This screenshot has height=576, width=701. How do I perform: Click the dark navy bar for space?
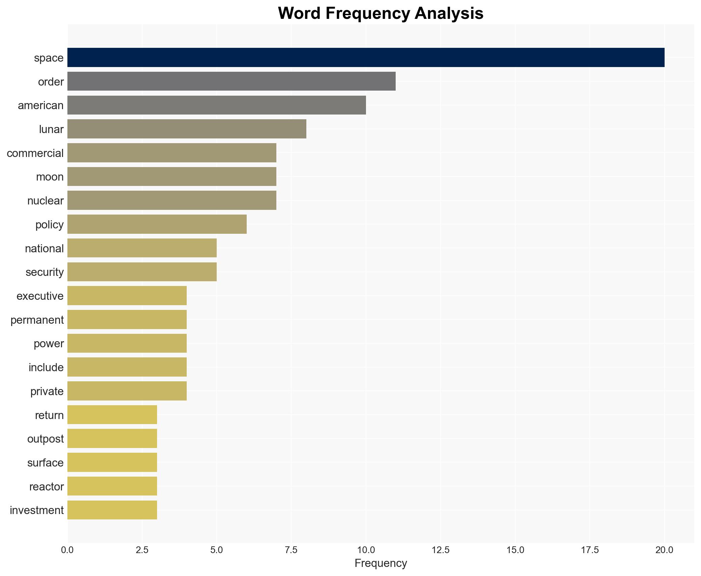[366, 58]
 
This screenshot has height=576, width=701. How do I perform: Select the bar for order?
[231, 81]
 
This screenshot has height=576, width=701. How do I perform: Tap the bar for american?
[216, 105]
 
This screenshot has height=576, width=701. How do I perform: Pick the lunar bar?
[187, 129]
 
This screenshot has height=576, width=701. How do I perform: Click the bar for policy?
[157, 224]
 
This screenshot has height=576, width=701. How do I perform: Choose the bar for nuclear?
[172, 200]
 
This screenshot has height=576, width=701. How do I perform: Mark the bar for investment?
[112, 510]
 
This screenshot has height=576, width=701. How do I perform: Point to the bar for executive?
[127, 296]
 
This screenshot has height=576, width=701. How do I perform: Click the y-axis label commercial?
[35, 153]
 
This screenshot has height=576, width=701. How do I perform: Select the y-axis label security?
[44, 272]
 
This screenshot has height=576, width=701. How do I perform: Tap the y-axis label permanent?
[37, 320]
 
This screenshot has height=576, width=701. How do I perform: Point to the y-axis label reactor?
[47, 487]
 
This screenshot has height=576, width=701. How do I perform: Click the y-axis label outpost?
[45, 439]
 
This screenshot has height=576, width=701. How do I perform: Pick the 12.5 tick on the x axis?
[440, 550]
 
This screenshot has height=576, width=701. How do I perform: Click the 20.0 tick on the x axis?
[664, 550]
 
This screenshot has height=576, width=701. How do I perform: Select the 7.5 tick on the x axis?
[291, 550]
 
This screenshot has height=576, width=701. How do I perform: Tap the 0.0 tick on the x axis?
[67, 550]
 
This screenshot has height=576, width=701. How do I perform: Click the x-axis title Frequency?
[380, 563]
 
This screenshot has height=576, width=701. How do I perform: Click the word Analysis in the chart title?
[449, 14]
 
